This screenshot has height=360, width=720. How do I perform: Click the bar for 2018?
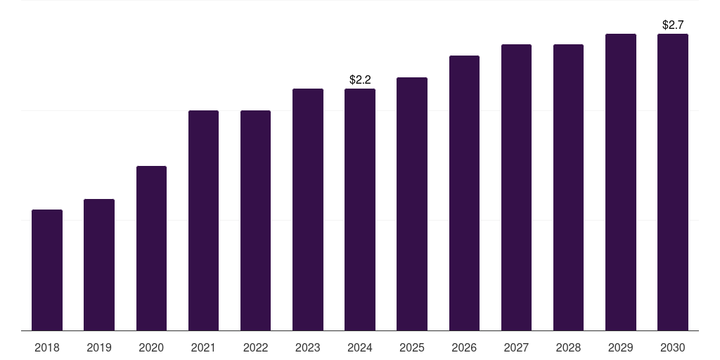tap(47, 270)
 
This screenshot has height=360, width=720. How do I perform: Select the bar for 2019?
tap(99, 264)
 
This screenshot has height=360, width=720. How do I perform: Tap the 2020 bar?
tap(151, 248)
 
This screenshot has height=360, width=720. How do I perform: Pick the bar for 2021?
tap(203, 220)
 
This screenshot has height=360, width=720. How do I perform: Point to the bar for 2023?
tap(308, 210)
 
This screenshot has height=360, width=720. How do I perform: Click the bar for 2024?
tap(360, 210)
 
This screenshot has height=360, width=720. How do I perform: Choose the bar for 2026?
tap(464, 193)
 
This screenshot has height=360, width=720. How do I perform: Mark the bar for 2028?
tap(568, 187)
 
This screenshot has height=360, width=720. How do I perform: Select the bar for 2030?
tap(673, 182)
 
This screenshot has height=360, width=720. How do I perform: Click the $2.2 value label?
tap(360, 80)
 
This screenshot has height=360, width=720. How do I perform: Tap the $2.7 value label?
tap(673, 25)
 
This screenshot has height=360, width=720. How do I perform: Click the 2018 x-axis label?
tap(47, 347)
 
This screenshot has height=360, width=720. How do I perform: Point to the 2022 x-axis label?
tap(255, 347)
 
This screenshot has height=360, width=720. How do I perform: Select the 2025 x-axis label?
tap(412, 347)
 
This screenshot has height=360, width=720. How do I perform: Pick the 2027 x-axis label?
tap(516, 347)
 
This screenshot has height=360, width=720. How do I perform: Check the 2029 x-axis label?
tap(620, 347)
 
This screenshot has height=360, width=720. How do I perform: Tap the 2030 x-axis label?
tap(673, 347)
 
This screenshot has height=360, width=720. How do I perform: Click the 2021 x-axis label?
tap(203, 347)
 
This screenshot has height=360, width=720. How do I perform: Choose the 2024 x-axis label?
tap(360, 347)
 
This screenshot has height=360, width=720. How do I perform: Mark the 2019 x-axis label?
tap(99, 347)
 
